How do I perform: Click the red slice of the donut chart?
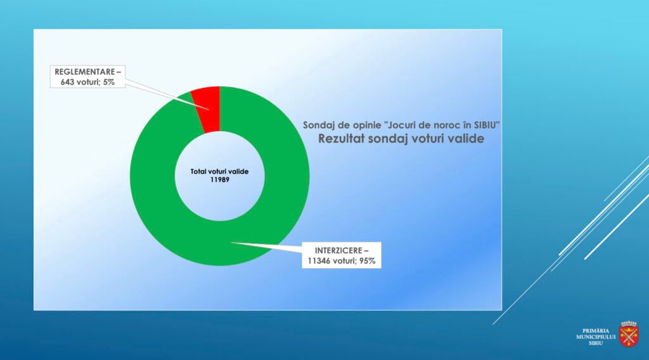point(207,109)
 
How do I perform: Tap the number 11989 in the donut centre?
point(219,179)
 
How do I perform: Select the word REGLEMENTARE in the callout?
point(85,72)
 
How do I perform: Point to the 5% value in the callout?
point(109,82)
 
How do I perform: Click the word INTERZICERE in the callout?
point(337,250)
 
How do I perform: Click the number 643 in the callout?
point(67,82)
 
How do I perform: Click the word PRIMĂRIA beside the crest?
point(596,331)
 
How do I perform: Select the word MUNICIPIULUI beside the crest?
point(596,337)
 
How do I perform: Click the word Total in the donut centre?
point(198,171)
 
